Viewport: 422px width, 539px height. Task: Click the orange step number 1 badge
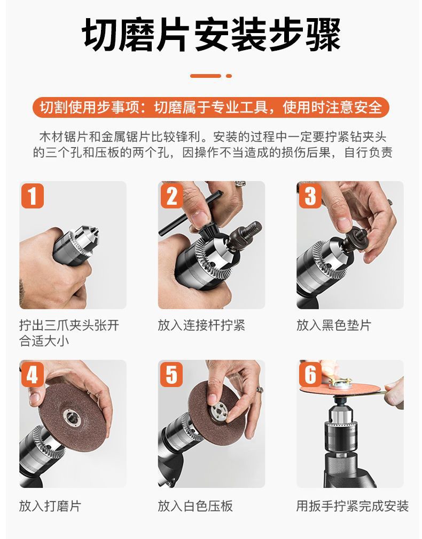coord(33,196)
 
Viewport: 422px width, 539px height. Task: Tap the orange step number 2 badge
coord(171,196)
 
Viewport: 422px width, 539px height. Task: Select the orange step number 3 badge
coord(310,196)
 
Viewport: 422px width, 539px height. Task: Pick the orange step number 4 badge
coord(33,374)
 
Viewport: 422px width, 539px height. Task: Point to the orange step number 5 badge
coord(171,374)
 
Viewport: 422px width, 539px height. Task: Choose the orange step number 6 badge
coord(310,374)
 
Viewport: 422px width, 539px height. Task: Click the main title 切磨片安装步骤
coord(211,35)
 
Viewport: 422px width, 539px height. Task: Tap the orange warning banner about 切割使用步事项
coord(211,108)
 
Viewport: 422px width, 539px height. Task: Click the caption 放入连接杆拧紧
coord(201,325)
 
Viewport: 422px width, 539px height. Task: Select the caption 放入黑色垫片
coord(334,325)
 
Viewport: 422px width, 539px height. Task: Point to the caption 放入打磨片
coord(50,506)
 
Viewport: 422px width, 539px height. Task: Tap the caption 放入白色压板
coord(196,506)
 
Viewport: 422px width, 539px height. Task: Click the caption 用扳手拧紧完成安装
coord(353,506)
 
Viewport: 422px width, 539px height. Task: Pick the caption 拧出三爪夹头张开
coord(69,325)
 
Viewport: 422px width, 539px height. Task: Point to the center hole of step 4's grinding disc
coord(71,416)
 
